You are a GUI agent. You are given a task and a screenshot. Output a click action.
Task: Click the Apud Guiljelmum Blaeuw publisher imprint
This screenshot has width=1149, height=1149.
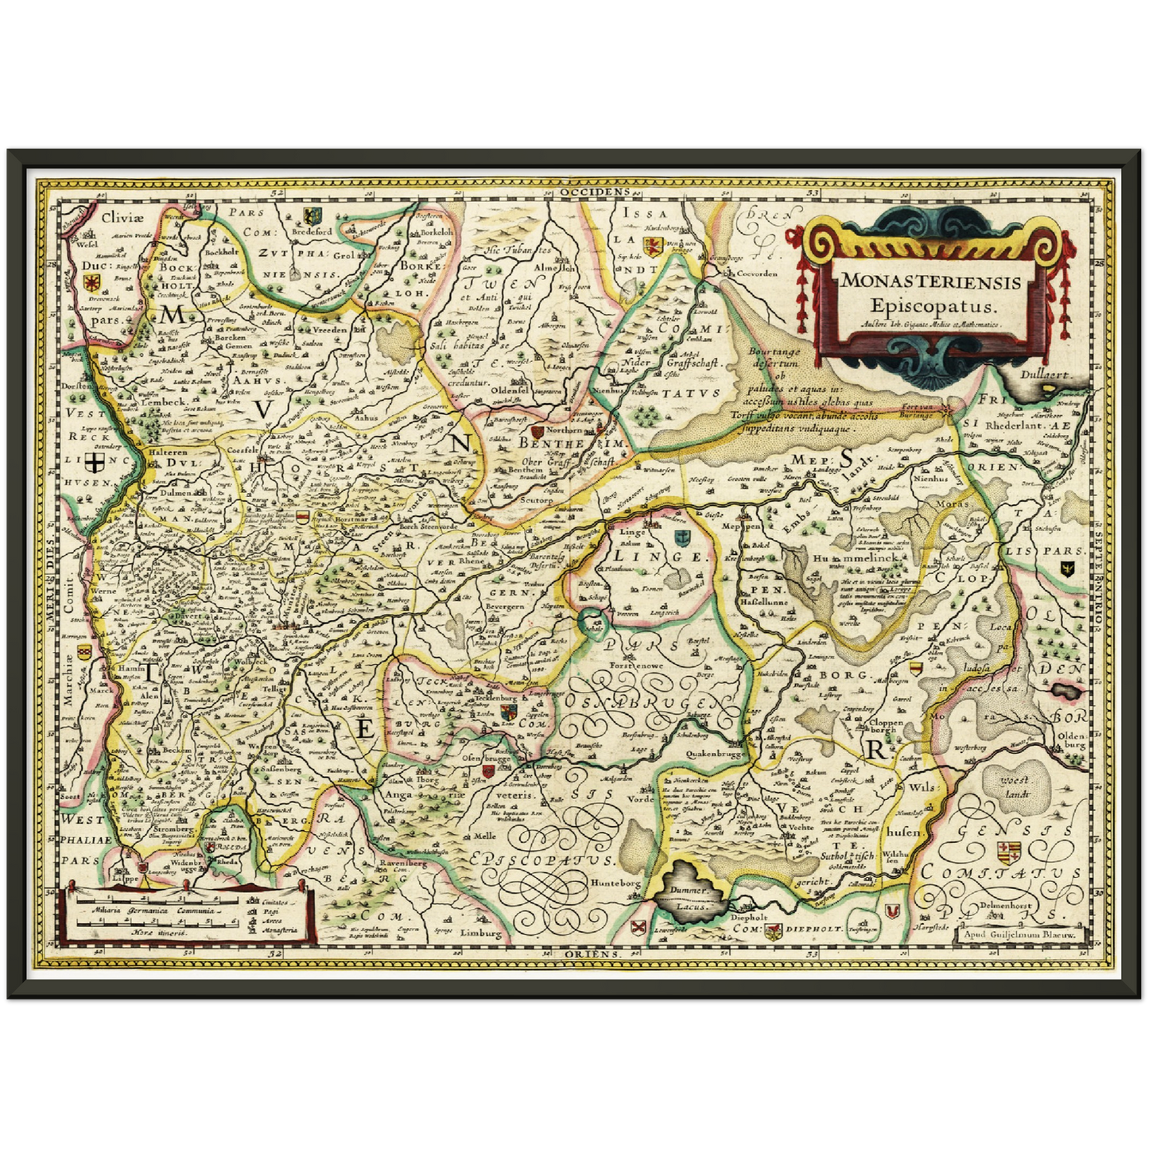1018,935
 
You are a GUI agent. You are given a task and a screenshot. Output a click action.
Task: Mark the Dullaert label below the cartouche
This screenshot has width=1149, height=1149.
1048,374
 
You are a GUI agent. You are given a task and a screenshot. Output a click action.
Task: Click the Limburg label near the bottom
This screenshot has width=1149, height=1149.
481,934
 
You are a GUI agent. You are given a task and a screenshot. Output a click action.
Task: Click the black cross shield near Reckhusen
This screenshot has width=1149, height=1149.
95,464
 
